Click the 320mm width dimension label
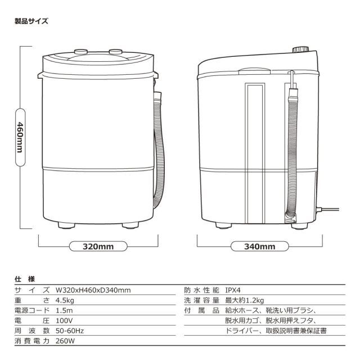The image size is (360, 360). [x=98, y=246]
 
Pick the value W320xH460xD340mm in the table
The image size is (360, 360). [x=93, y=290]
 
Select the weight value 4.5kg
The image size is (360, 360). [x=65, y=300]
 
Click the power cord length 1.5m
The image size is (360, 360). [x=64, y=310]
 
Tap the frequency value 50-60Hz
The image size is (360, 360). [x=70, y=331]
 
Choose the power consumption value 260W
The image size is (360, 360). [x=65, y=341]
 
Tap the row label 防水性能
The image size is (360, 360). [x=200, y=290]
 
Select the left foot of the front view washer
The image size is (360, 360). [x=66, y=225]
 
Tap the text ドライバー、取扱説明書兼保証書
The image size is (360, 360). [x=276, y=331]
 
